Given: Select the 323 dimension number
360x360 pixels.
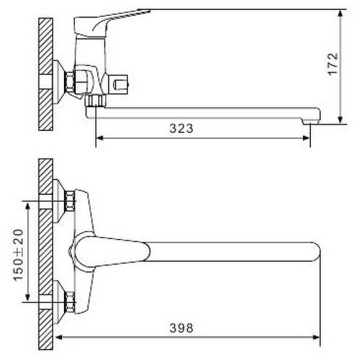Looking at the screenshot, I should pos(181,129).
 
